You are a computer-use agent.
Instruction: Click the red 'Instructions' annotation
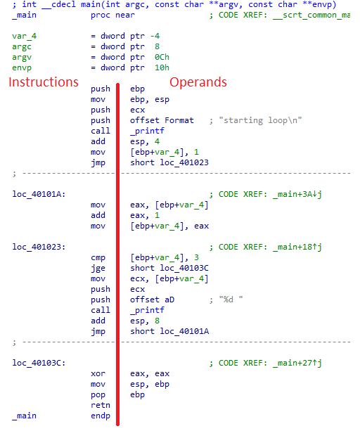(x=44, y=82)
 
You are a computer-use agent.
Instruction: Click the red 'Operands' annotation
(x=198, y=82)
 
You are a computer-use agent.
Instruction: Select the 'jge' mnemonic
(x=98, y=269)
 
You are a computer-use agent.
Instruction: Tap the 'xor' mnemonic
(x=98, y=373)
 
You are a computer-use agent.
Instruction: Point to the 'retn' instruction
(x=101, y=405)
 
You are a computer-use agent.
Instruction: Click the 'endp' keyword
(x=101, y=416)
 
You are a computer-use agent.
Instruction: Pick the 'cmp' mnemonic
(x=98, y=258)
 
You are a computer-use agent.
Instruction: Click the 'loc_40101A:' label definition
(x=39, y=194)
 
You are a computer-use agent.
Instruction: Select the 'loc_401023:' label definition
(x=39, y=247)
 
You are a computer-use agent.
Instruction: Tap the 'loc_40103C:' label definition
(x=39, y=363)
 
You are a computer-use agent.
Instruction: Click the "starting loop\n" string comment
(x=260, y=120)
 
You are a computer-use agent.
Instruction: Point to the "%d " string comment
(x=231, y=300)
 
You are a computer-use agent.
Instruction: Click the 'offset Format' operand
(x=162, y=120)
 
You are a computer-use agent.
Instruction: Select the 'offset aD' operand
(x=153, y=300)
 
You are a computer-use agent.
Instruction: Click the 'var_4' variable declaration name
(x=24, y=37)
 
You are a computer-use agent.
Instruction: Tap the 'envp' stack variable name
(x=22, y=68)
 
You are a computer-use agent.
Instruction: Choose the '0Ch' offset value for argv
(x=162, y=57)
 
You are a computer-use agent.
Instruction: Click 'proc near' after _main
(x=112, y=15)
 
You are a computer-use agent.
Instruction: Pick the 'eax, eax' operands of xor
(x=150, y=373)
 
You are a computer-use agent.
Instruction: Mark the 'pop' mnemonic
(x=98, y=395)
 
